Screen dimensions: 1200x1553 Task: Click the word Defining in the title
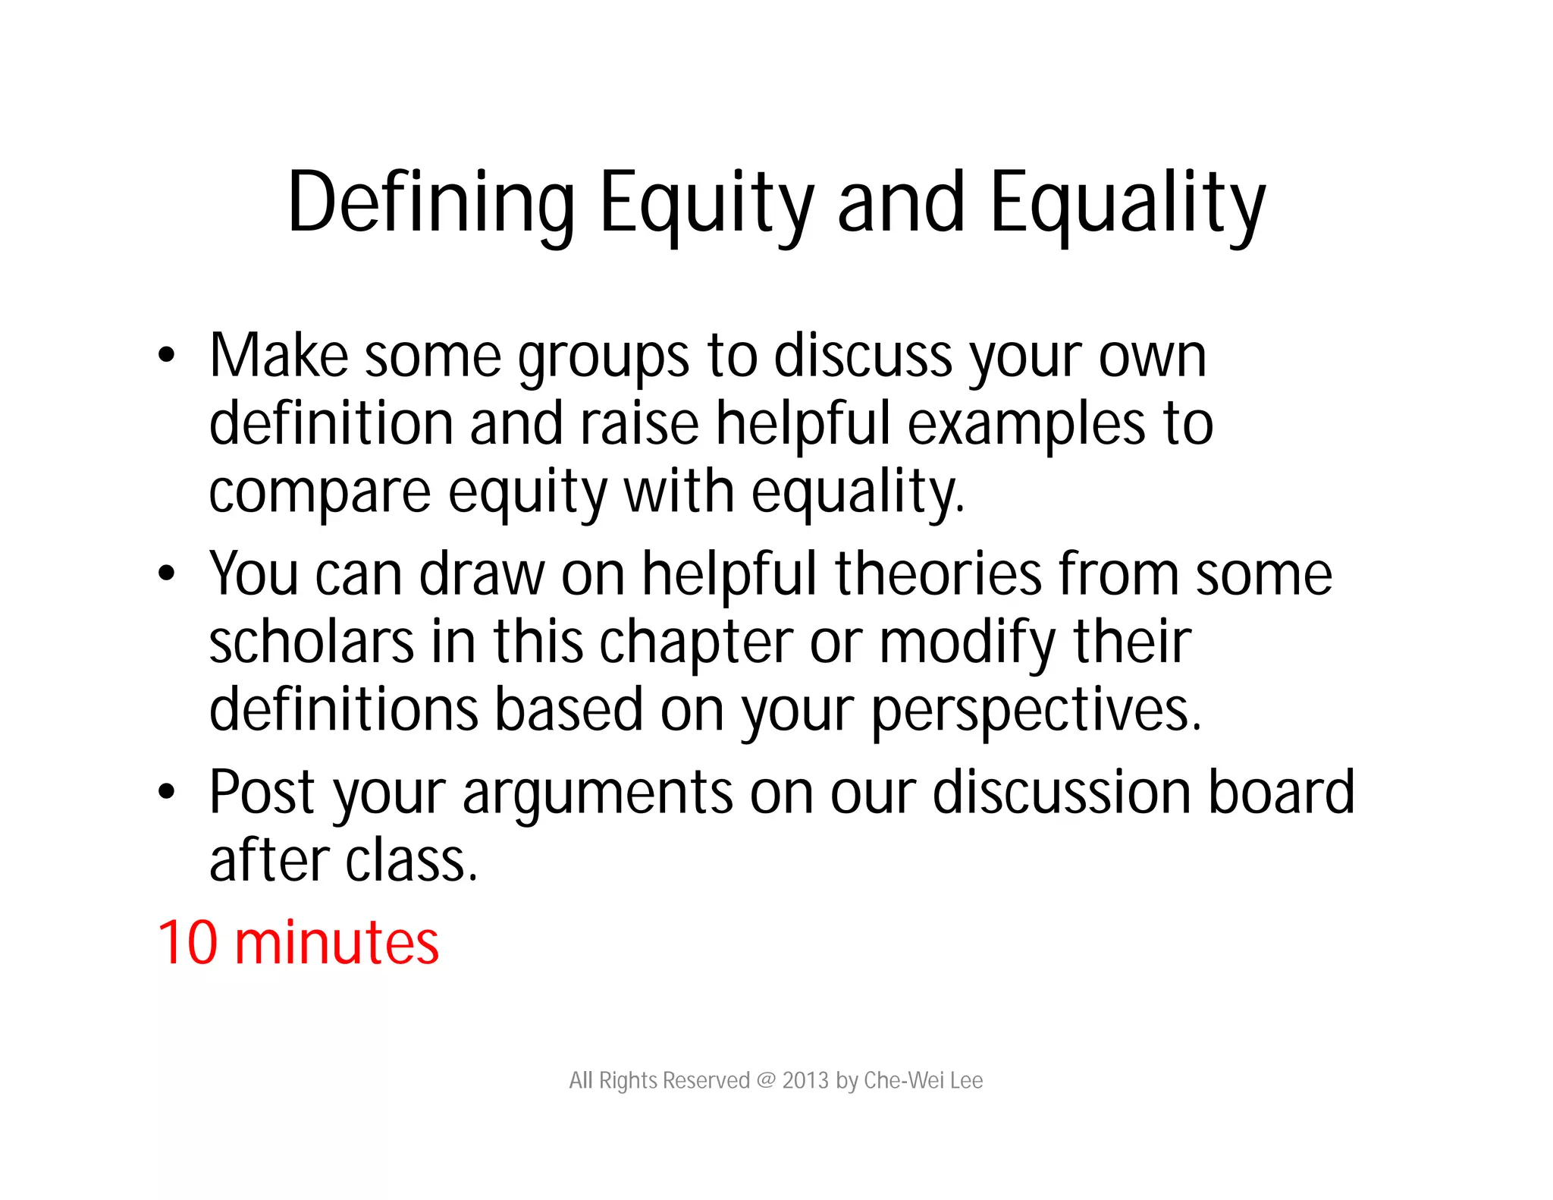click(431, 202)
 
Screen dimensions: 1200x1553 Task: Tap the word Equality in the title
click(1128, 202)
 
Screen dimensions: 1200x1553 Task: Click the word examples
click(1027, 425)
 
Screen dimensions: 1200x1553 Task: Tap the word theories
click(938, 573)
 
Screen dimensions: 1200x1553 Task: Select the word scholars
click(312, 642)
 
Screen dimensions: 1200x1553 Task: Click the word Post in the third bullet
click(262, 792)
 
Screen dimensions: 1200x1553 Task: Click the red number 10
click(188, 942)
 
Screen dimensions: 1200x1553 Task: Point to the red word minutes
click(337, 942)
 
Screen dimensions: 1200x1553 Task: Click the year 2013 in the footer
click(805, 1080)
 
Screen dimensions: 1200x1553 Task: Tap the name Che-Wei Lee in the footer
click(923, 1080)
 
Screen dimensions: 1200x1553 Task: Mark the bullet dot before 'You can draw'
click(166, 573)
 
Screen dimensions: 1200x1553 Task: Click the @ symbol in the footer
click(766, 1080)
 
